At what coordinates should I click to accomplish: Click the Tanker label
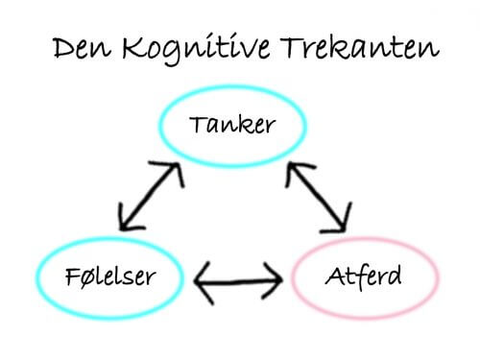(x=232, y=125)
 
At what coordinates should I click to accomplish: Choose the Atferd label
(x=363, y=279)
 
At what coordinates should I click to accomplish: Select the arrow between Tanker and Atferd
(x=316, y=197)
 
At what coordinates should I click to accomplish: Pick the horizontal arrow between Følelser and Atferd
(x=238, y=281)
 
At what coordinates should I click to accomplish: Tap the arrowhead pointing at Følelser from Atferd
(x=203, y=281)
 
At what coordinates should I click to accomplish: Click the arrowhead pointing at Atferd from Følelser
(x=275, y=281)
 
